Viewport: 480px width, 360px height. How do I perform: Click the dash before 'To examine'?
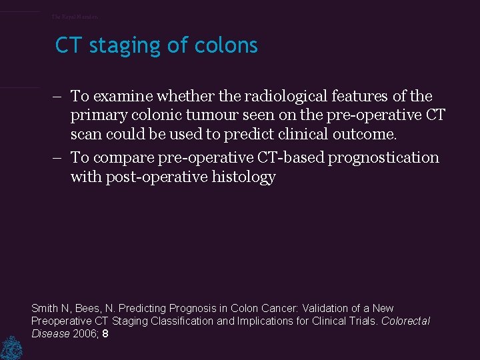[59, 97]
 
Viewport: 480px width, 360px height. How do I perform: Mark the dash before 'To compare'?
[59, 158]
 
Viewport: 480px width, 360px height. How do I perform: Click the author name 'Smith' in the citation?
[45, 309]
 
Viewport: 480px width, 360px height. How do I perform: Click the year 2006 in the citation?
[85, 334]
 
